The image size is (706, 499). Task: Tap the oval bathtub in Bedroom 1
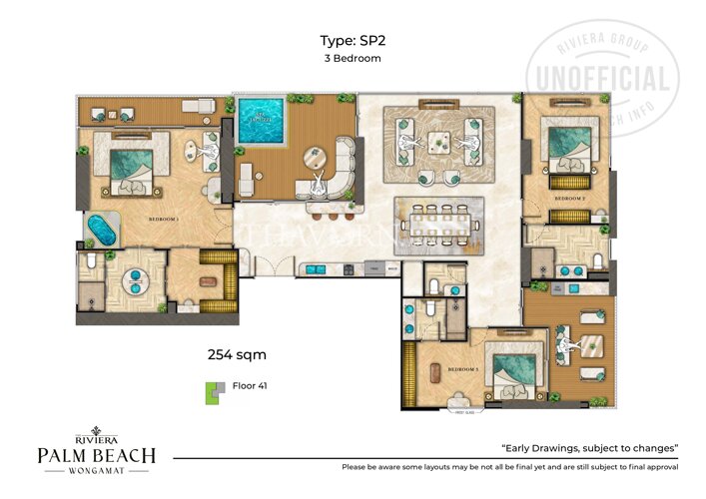coord(101,230)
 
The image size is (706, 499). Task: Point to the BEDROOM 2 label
coord(569,199)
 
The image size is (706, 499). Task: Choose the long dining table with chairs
coord(438,222)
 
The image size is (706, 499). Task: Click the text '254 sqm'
coord(236,353)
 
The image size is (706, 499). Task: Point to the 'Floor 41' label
coord(250,385)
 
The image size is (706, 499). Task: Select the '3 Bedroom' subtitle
coord(353,59)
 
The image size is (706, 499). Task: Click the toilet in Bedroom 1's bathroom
coord(89,262)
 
